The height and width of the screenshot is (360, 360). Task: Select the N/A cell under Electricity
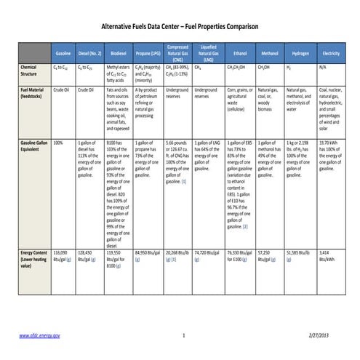(324, 67)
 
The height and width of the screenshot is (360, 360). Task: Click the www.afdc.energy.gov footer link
(39, 335)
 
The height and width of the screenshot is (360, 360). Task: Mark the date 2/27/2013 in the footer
(329, 335)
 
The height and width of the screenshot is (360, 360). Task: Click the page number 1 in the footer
(184, 335)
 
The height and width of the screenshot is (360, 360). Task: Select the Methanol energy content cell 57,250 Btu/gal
(269, 255)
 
